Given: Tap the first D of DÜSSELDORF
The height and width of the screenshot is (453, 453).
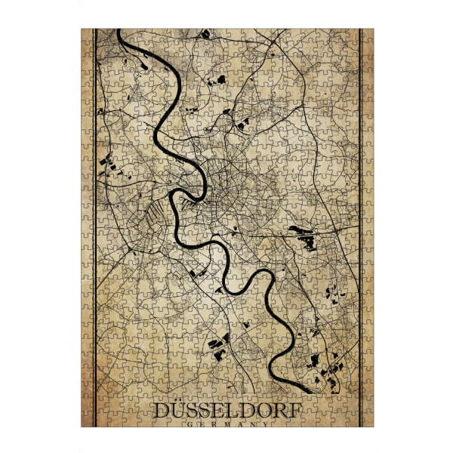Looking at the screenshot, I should click(x=162, y=411).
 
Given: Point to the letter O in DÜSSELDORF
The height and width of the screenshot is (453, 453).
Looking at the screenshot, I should click(x=263, y=411).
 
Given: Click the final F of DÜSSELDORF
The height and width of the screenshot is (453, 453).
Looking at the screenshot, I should click(x=294, y=411).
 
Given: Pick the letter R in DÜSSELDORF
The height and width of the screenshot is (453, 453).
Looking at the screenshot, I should click(x=280, y=411).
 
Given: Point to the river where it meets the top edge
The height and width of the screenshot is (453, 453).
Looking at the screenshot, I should click(x=122, y=32).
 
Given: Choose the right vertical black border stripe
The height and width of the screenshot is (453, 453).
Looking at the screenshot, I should click(x=360, y=226).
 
